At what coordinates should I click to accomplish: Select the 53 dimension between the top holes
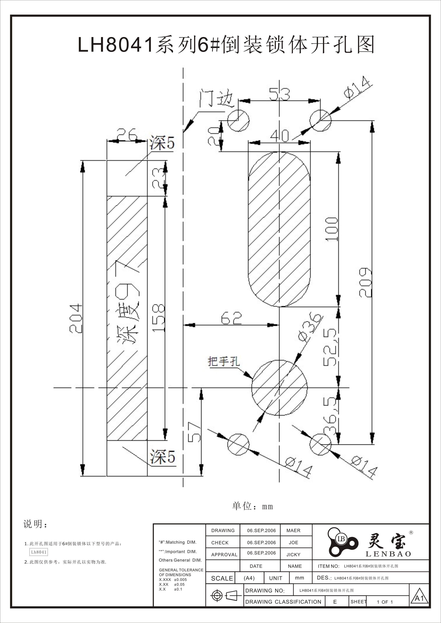(279, 94)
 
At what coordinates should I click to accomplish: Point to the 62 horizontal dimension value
(231, 318)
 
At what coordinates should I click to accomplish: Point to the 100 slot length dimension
(332, 229)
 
